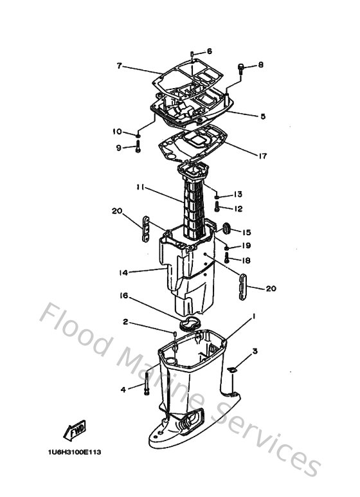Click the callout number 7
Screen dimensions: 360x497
[x=119, y=66]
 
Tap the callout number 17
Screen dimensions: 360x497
[x=263, y=156]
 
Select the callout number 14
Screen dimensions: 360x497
[x=123, y=272]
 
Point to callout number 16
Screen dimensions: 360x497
[x=123, y=296]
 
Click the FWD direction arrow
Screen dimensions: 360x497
[x=75, y=430]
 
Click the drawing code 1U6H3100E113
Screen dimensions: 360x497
[x=75, y=452]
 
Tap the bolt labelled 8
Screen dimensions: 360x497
[x=242, y=69]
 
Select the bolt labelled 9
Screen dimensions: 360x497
[x=138, y=147]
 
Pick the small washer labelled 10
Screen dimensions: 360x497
[x=138, y=136]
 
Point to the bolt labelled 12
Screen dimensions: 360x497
[x=217, y=207]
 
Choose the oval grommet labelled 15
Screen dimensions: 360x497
[x=226, y=228]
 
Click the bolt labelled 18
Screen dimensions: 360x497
[x=227, y=258]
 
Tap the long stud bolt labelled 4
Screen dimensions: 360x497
[x=147, y=384]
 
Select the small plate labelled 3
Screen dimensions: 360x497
[x=232, y=369]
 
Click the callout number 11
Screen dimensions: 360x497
[x=139, y=188]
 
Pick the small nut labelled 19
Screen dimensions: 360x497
[x=227, y=247]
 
